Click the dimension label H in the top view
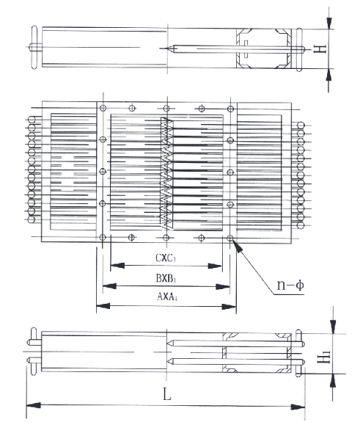tap(320, 49)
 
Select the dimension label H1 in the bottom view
tap(324, 357)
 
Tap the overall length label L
tap(167, 394)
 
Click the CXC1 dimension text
tap(166, 258)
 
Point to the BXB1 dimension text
tap(166, 278)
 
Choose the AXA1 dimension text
tap(167, 296)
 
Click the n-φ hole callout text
tap(290, 285)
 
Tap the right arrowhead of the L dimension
tap(298, 407)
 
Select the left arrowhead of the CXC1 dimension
tap(117, 266)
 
